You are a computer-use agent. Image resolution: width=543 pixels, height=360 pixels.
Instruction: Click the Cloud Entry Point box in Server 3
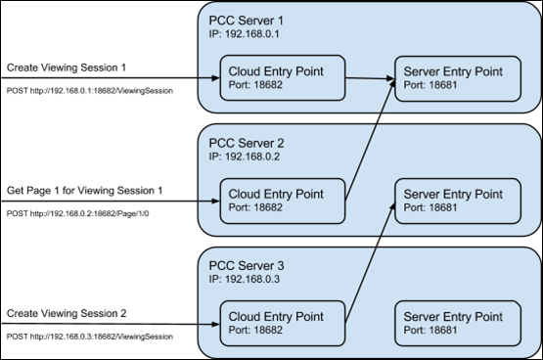click(x=281, y=324)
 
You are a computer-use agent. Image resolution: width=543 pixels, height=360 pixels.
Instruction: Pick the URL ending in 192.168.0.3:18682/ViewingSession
click(x=90, y=336)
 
